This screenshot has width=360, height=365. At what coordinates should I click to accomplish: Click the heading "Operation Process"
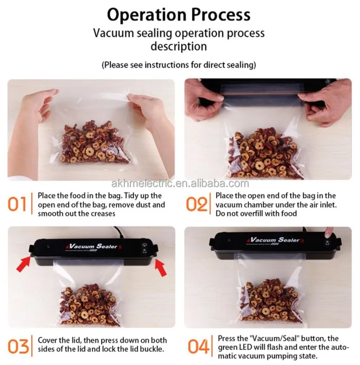pyautogui.click(x=179, y=15)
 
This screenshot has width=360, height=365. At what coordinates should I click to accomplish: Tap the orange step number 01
pyautogui.click(x=17, y=204)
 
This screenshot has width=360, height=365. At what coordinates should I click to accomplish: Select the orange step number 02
pyautogui.click(x=196, y=204)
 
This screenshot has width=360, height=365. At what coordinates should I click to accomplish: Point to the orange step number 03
pyautogui.click(x=18, y=346)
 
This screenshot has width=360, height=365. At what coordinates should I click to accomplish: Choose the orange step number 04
pyautogui.click(x=198, y=346)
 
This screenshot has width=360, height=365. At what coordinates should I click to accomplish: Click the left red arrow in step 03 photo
pyautogui.click(x=23, y=264)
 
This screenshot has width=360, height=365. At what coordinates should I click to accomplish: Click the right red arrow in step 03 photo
pyautogui.click(x=160, y=267)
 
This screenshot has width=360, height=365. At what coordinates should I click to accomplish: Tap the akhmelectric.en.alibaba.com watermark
pyautogui.click(x=180, y=184)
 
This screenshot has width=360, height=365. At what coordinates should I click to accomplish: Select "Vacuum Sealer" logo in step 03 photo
pyautogui.click(x=93, y=246)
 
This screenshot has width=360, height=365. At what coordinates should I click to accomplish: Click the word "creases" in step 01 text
pyautogui.click(x=103, y=213)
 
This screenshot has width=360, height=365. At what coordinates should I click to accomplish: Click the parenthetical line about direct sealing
pyautogui.click(x=179, y=65)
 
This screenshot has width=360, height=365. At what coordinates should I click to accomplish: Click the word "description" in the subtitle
pyautogui.click(x=179, y=46)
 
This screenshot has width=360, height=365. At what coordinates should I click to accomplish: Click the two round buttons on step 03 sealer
pyautogui.click(x=144, y=248)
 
